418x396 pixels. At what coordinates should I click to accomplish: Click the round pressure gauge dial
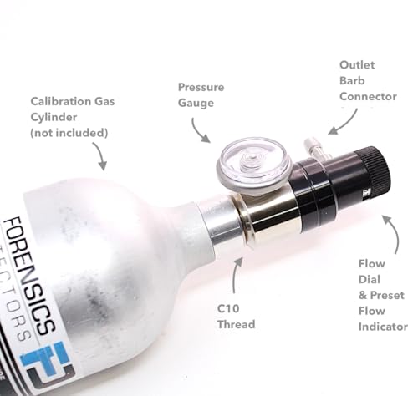(242, 162)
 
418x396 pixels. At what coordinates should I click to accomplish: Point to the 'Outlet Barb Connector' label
(367, 80)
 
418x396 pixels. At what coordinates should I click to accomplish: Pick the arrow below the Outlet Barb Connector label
(340, 124)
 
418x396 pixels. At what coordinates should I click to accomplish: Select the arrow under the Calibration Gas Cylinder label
(99, 156)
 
